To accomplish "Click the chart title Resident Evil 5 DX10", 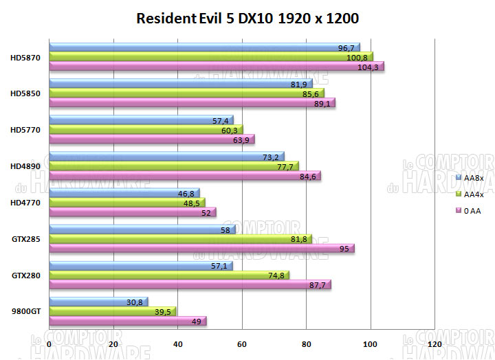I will coord(247,18).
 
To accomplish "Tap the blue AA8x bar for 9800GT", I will coord(98,302).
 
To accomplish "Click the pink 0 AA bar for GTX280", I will coord(190,284).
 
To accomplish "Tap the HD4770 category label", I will coord(25,203).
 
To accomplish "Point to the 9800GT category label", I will coord(26,311).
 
